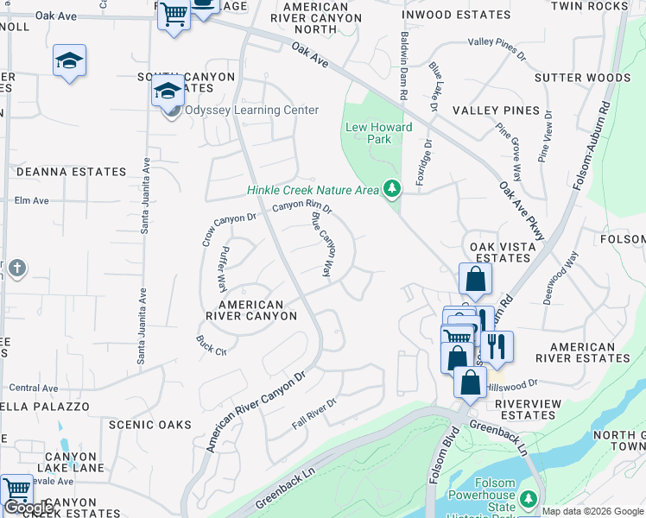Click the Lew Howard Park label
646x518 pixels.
379,133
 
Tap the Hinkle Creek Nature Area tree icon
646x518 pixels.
392,188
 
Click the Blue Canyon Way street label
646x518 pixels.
321,244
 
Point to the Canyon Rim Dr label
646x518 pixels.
302,206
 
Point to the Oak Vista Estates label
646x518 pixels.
498,252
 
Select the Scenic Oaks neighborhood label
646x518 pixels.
150,425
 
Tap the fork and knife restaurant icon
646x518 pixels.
497,345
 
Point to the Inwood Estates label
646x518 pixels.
457,15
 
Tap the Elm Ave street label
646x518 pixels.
31,200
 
